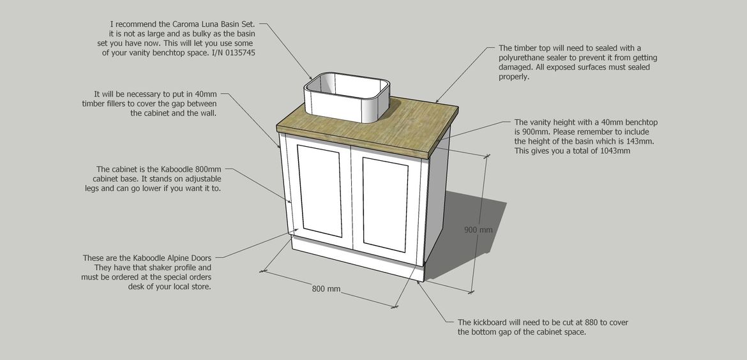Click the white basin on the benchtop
click(x=347, y=97)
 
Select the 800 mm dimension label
click(x=326, y=289)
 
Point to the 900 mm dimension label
click(x=478, y=230)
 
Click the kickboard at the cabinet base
click(x=358, y=260)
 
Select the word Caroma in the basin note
click(x=187, y=24)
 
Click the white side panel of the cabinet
click(x=437, y=200)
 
